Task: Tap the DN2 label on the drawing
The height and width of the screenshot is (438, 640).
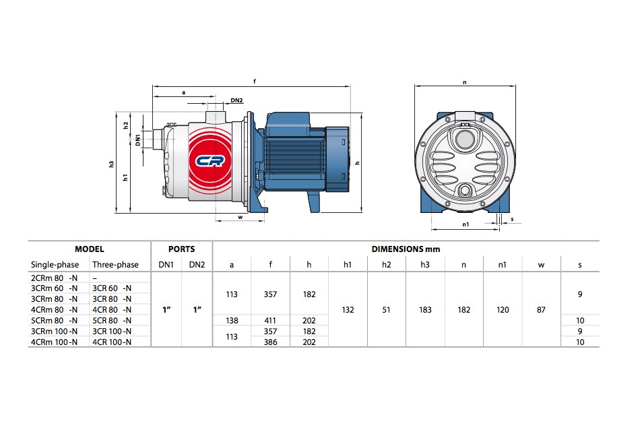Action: pos(236,100)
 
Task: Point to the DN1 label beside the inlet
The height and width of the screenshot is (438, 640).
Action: pos(137,140)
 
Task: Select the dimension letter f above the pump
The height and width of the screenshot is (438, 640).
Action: pos(254,82)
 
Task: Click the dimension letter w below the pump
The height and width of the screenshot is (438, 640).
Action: pos(241,217)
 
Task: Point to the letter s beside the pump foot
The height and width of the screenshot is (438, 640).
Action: pos(512,219)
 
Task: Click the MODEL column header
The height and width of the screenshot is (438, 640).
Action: pos(89,249)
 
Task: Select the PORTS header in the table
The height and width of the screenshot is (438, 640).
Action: pos(181,249)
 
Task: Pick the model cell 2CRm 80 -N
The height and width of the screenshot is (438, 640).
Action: pos(55,277)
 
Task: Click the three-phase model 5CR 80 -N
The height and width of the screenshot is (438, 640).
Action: pos(112,320)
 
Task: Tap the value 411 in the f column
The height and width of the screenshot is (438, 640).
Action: pos(271,320)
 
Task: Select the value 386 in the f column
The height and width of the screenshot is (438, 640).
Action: pos(271,342)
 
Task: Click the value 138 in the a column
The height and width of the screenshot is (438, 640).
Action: pos(232,320)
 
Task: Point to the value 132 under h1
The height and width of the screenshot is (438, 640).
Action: pos(348,309)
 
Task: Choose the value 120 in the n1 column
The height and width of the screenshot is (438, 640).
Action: pos(503,309)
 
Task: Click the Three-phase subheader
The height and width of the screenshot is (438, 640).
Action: pos(115,265)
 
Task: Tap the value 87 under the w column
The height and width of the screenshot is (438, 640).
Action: pos(541,309)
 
